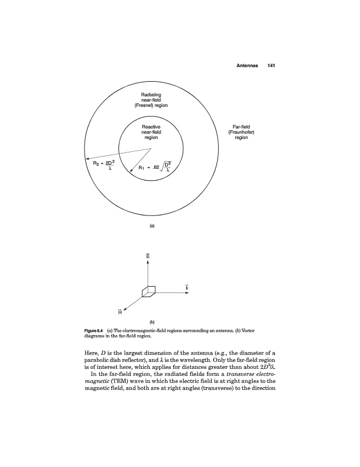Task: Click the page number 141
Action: coord(270,65)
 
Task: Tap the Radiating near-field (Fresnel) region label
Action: coord(151,100)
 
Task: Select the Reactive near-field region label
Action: coord(151,132)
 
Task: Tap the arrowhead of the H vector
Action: coord(125,307)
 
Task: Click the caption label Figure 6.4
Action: coord(95,331)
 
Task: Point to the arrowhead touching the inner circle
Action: coord(130,168)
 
